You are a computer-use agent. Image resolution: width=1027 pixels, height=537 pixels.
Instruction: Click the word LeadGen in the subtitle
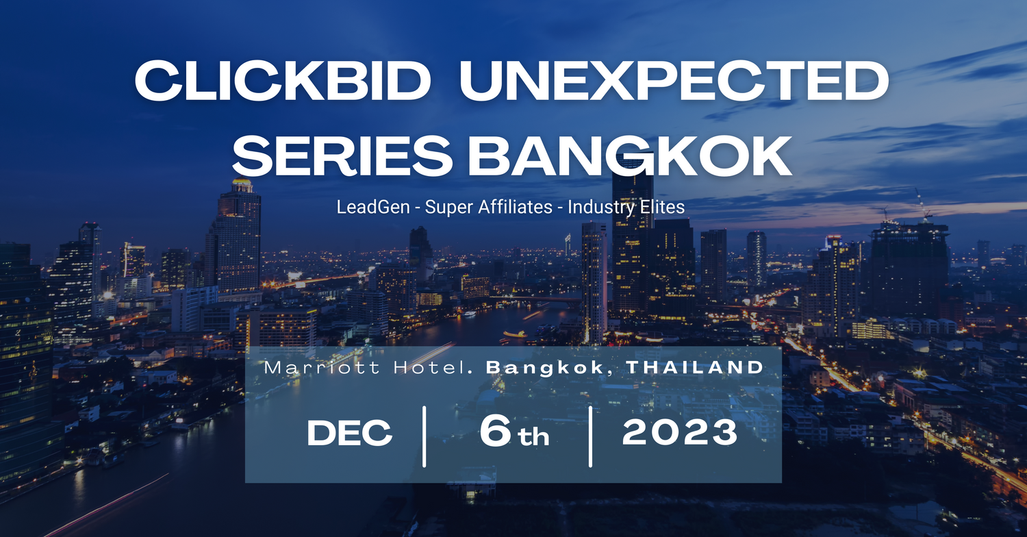[x=373, y=207]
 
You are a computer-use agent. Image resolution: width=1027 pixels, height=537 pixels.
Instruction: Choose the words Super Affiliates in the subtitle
[x=489, y=207]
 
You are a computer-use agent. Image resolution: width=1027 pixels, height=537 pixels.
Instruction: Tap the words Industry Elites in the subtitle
[x=626, y=207]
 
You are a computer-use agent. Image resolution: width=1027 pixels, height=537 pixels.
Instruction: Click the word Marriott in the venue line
[x=322, y=367]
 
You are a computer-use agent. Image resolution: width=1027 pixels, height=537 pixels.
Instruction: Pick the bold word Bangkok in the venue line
[x=545, y=368]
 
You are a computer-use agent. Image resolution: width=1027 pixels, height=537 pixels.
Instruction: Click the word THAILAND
[x=695, y=367]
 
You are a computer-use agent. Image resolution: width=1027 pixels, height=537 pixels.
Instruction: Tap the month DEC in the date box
[x=350, y=433]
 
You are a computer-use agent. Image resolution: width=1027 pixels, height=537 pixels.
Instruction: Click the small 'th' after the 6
[x=533, y=436]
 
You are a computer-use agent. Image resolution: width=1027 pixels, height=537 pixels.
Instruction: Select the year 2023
[x=680, y=432]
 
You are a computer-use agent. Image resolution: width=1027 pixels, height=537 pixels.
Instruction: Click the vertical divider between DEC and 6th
[x=424, y=436]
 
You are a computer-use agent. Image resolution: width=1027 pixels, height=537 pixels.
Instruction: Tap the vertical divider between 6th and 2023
[x=590, y=436]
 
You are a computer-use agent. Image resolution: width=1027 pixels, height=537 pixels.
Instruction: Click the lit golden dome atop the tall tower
[x=242, y=185]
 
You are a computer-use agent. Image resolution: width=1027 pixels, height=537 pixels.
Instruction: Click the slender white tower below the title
[x=595, y=282]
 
